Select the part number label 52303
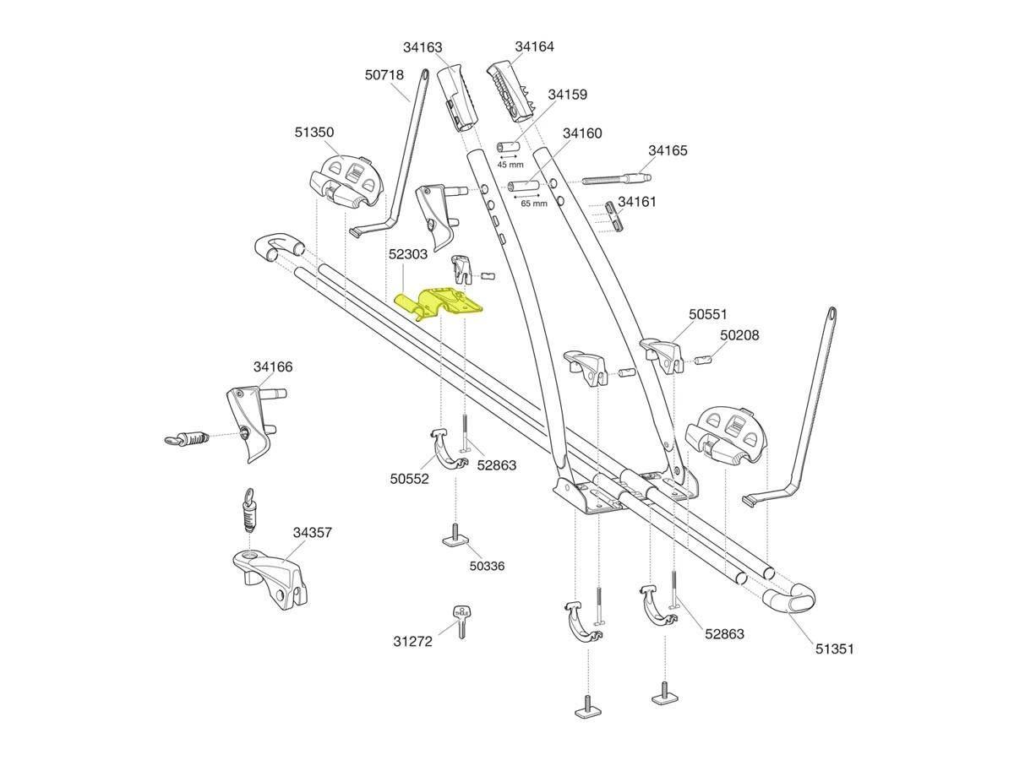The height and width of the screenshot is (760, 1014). (408, 253)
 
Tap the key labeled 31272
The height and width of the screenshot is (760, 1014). (461, 623)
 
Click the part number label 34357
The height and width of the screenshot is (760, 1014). (313, 533)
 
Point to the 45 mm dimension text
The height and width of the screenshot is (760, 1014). (510, 164)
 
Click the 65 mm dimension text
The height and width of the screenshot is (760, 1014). (533, 204)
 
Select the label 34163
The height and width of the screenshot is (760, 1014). (422, 48)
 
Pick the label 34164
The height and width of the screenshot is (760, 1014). (534, 46)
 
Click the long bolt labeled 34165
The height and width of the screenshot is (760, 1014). (616, 180)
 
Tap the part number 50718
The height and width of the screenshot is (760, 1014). (384, 75)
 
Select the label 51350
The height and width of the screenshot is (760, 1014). (314, 133)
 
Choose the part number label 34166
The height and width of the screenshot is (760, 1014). (273, 367)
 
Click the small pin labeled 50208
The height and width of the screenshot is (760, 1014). (706, 361)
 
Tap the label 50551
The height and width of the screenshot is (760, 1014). (707, 314)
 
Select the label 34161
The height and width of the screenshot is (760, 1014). (637, 202)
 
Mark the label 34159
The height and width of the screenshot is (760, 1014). (567, 95)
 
